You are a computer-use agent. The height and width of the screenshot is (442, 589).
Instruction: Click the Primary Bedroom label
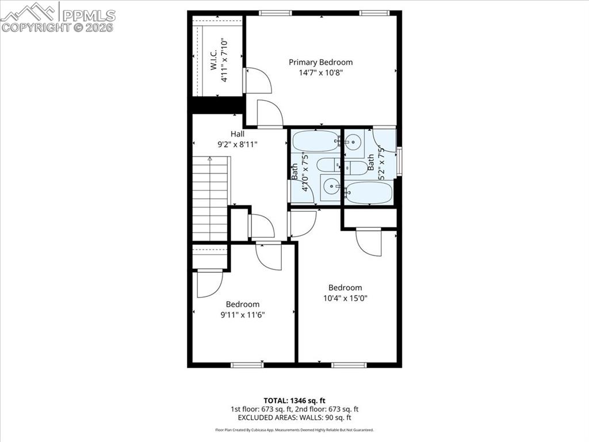320,62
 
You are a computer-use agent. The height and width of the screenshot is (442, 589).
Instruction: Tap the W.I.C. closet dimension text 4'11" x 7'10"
225,60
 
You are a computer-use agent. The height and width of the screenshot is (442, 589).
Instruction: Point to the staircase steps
211,199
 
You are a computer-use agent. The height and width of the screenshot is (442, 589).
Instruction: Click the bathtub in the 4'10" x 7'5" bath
316,140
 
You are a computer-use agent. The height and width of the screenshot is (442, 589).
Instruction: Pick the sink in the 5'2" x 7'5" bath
354,142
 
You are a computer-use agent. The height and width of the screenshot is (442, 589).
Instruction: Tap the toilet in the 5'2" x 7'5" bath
357,168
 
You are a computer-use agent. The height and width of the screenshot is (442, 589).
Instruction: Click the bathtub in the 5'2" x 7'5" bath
369,192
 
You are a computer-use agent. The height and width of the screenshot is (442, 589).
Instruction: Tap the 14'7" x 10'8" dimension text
320,73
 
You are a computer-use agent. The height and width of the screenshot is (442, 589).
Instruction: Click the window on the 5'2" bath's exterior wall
399,159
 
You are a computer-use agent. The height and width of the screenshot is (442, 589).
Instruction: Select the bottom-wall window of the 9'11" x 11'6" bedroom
247,364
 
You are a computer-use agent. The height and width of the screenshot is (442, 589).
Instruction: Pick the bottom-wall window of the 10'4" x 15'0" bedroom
349,364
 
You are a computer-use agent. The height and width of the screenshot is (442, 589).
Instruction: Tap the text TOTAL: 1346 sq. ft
294,400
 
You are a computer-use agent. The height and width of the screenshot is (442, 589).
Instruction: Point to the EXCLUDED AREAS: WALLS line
294,418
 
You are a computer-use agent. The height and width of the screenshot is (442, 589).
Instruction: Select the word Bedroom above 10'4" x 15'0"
345,288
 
